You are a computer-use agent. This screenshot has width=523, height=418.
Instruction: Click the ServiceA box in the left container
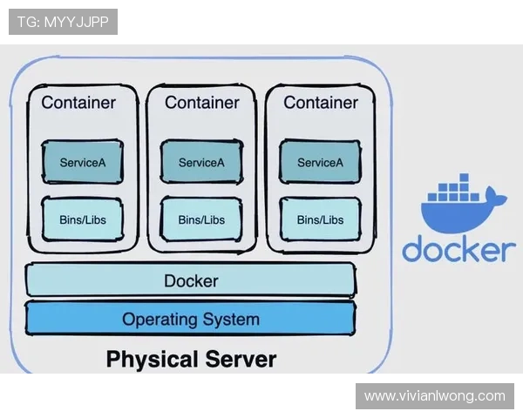tap(83, 162)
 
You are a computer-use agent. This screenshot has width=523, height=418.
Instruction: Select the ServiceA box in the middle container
tap(201, 162)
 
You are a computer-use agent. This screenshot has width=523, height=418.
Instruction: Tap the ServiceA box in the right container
tap(320, 162)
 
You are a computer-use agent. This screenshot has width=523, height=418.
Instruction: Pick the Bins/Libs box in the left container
tap(83, 219)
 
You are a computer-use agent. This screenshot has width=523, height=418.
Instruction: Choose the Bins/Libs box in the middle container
tap(201, 219)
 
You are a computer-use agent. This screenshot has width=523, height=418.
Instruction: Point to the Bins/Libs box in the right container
tap(320, 219)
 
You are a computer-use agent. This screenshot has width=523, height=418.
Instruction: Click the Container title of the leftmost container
tap(78, 103)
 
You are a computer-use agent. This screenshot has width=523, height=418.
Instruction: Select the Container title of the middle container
tap(201, 103)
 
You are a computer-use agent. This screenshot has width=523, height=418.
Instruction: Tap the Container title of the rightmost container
tap(321, 103)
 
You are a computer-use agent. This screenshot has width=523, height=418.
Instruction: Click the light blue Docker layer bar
tap(191, 281)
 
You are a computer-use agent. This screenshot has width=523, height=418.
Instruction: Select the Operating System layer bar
tap(191, 319)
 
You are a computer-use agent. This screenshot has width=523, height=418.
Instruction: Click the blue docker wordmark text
tap(458, 248)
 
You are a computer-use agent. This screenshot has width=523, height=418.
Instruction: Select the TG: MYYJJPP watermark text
tap(63, 22)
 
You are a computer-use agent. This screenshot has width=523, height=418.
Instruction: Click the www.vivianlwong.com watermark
tap(435, 396)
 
